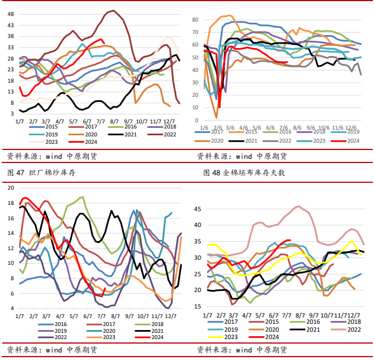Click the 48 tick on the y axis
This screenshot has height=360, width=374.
[11, 25]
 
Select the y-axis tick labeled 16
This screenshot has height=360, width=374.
[10, 218]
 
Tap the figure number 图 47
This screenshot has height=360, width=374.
[13, 173]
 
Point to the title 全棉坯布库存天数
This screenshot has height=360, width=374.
[253, 173]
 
